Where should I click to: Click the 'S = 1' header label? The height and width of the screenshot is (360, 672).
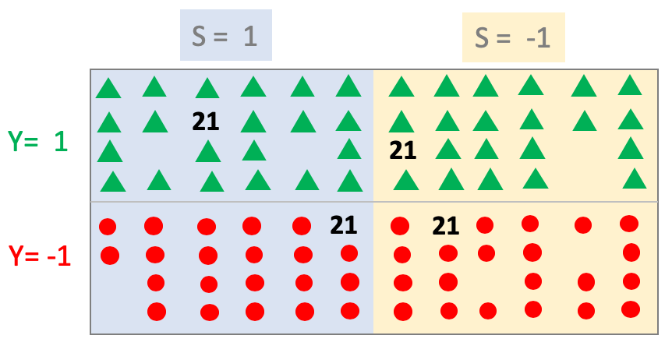[x=225, y=37]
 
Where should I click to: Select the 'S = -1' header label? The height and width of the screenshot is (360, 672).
[x=513, y=37]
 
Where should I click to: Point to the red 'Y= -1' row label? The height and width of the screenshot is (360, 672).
[x=40, y=256]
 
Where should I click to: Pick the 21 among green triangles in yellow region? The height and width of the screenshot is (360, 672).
[x=402, y=150]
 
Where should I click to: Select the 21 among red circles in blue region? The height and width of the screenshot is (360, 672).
[x=343, y=225]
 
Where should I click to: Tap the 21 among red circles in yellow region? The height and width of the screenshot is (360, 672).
[x=445, y=226]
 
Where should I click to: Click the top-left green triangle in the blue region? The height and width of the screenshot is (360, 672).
[x=108, y=89]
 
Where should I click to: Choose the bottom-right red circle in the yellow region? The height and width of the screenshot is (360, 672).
[x=631, y=309]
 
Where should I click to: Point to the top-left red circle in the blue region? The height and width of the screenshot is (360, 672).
[x=108, y=228]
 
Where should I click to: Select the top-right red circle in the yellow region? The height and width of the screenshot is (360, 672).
[x=629, y=224]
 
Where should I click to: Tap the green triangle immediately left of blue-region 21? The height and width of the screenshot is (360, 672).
[x=155, y=122]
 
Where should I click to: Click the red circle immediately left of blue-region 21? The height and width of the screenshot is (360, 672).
[x=302, y=226]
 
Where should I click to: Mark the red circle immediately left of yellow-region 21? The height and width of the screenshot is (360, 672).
[x=400, y=226]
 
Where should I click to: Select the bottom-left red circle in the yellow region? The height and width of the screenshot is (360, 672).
[x=403, y=312]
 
